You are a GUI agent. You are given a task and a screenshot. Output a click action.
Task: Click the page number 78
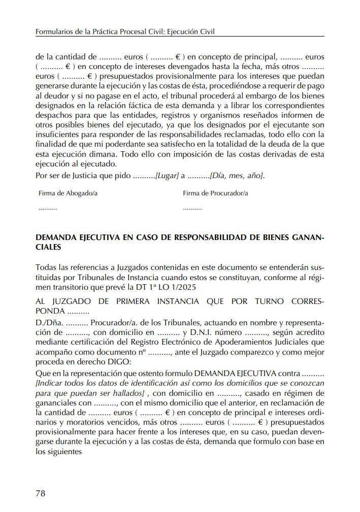pos(41,492)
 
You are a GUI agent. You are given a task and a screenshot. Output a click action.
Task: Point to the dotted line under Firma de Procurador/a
pos(192,209)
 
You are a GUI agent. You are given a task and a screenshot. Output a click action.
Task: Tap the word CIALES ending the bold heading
pos(49,248)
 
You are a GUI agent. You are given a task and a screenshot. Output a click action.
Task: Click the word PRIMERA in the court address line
pos(115,301)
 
